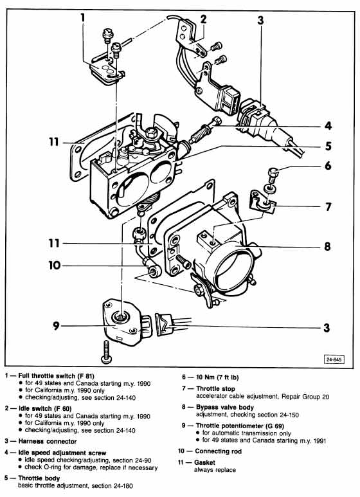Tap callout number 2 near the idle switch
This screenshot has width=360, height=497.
[x=203, y=19]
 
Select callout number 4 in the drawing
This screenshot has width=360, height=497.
[x=328, y=126]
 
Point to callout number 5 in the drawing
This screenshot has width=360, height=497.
[x=328, y=146]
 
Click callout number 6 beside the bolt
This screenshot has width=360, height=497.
[x=328, y=165]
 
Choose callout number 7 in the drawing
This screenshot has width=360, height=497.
[x=328, y=206]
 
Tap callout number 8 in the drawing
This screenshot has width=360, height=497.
[x=327, y=246]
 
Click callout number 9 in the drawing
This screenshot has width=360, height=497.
[x=56, y=325]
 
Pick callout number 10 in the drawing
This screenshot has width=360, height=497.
[x=54, y=265]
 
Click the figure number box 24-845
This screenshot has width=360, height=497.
[x=334, y=359]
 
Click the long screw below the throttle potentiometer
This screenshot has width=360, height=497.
[x=105, y=352]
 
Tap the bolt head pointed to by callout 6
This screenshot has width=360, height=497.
[x=273, y=173]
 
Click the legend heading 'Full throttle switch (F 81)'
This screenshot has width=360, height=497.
[x=57, y=376]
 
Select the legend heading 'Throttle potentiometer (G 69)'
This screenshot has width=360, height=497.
[x=240, y=426]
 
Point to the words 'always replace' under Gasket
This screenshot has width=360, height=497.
[x=215, y=470]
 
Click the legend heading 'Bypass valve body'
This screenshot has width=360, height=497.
[x=225, y=407]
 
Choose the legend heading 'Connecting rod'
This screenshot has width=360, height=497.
[x=219, y=451]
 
